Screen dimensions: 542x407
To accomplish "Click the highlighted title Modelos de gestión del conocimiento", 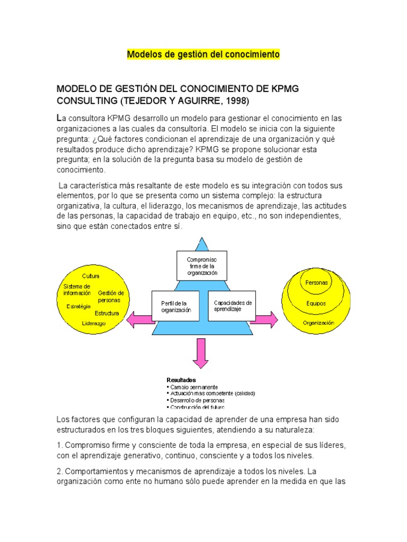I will (x=203, y=55).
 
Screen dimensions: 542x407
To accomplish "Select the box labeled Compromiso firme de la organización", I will (x=201, y=266).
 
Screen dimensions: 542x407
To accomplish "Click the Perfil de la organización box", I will (x=175, y=306).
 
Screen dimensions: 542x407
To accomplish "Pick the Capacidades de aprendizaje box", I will (x=232, y=306).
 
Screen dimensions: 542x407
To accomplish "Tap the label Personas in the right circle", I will (x=316, y=283).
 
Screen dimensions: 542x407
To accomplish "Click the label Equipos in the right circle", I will (x=316, y=303).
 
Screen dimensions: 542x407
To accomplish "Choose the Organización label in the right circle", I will (x=318, y=322).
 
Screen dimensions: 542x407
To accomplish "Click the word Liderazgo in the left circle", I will (x=94, y=323).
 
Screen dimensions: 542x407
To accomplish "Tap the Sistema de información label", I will (x=77, y=290).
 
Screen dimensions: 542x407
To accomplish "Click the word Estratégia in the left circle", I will (x=78, y=306).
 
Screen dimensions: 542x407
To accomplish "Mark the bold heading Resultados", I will (x=181, y=380).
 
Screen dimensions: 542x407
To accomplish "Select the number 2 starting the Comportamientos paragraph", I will (x=59, y=471).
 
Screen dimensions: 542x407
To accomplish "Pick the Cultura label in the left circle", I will (x=91, y=276).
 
